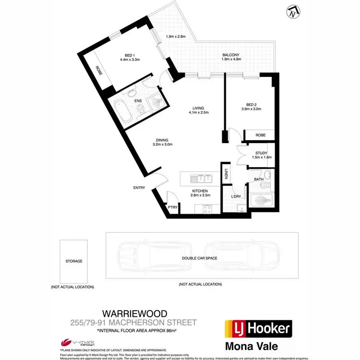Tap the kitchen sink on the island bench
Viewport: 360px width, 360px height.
pyautogui.click(x=202, y=180)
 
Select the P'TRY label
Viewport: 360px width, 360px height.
pyautogui.click(x=172, y=207)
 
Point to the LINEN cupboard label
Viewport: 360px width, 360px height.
pyautogui.click(x=226, y=175)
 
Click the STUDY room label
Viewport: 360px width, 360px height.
pyautogui.click(x=261, y=154)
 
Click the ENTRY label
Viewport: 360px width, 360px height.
pyautogui.click(x=139, y=187)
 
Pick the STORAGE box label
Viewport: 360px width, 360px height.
pyautogui.click(x=74, y=261)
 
